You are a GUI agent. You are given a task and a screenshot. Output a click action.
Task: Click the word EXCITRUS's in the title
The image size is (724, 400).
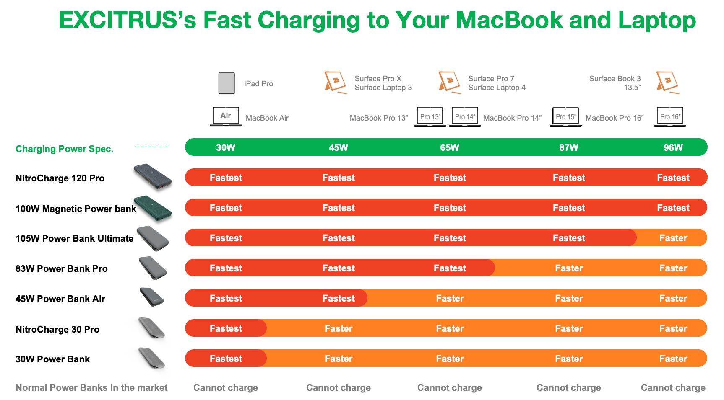(x=128, y=20)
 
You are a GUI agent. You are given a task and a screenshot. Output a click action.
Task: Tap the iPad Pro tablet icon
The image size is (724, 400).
(x=227, y=83)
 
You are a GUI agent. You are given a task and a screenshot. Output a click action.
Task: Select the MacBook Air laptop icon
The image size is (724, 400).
(x=226, y=116)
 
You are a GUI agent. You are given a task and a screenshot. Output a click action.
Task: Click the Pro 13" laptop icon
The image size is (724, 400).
(x=430, y=117)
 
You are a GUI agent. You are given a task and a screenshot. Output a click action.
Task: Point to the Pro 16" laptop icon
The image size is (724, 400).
(x=670, y=117)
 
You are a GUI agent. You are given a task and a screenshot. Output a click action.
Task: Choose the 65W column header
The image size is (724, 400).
(x=450, y=147)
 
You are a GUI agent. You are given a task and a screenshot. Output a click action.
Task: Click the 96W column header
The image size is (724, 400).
(x=673, y=147)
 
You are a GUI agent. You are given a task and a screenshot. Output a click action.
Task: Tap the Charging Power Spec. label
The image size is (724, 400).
(x=65, y=149)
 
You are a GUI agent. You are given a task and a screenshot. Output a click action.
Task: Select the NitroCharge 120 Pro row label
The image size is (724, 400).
(x=60, y=178)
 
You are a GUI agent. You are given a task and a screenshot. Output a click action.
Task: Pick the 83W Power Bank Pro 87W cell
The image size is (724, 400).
(x=569, y=268)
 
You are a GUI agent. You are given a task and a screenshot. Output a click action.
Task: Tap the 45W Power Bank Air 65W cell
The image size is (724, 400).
(x=450, y=298)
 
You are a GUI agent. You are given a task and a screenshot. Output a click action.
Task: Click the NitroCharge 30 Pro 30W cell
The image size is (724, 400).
(x=226, y=328)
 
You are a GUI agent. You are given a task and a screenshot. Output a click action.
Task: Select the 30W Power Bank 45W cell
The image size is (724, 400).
(x=339, y=359)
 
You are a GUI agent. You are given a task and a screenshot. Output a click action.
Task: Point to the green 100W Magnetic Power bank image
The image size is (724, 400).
(x=153, y=208)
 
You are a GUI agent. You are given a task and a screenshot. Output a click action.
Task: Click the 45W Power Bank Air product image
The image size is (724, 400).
(x=152, y=297)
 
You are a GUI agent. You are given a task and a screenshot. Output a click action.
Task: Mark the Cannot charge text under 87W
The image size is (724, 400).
(x=569, y=388)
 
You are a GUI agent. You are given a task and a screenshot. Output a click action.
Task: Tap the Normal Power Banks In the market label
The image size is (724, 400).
(x=91, y=388)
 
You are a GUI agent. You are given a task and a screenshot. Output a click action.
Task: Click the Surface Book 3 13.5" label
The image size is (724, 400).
(x=615, y=83)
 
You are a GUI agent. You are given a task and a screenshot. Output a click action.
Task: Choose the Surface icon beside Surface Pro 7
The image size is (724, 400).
(x=449, y=82)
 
